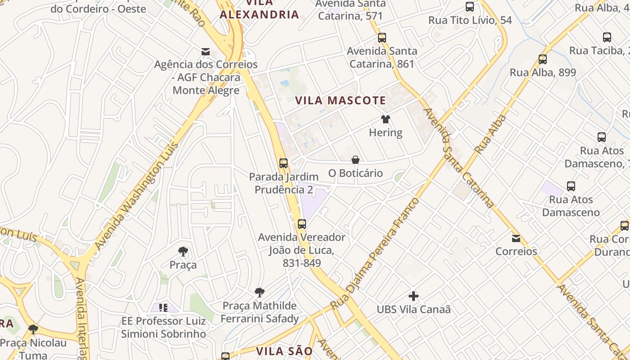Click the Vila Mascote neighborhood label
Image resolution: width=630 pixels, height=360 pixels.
[341, 100]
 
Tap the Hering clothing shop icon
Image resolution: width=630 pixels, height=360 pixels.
[386, 119]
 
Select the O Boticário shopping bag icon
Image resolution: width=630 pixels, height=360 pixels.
[355, 160]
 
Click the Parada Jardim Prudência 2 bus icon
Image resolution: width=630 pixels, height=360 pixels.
[283, 163]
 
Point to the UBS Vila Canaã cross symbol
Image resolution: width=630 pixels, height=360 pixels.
[414, 296]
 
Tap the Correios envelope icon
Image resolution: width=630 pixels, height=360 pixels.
[516, 238]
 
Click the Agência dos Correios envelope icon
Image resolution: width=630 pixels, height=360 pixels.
[206, 51]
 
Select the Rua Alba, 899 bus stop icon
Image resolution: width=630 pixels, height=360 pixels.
[543, 59]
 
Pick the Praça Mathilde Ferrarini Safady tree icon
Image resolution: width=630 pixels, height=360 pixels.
[260, 292]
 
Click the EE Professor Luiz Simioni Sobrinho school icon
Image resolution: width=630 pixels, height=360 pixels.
[163, 308]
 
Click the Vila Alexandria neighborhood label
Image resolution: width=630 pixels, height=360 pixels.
[260, 14]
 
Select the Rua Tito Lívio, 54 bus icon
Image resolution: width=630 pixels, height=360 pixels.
[470, 7]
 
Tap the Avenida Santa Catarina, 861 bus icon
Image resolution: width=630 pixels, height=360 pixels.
[382, 38]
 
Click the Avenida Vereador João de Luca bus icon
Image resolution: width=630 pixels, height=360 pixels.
[302, 224]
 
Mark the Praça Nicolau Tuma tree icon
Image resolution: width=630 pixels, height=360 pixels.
[33, 329]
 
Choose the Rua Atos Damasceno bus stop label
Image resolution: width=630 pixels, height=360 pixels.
[571, 206]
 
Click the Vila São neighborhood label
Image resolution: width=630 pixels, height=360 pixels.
[284, 351]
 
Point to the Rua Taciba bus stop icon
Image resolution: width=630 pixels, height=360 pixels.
[607, 37]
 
